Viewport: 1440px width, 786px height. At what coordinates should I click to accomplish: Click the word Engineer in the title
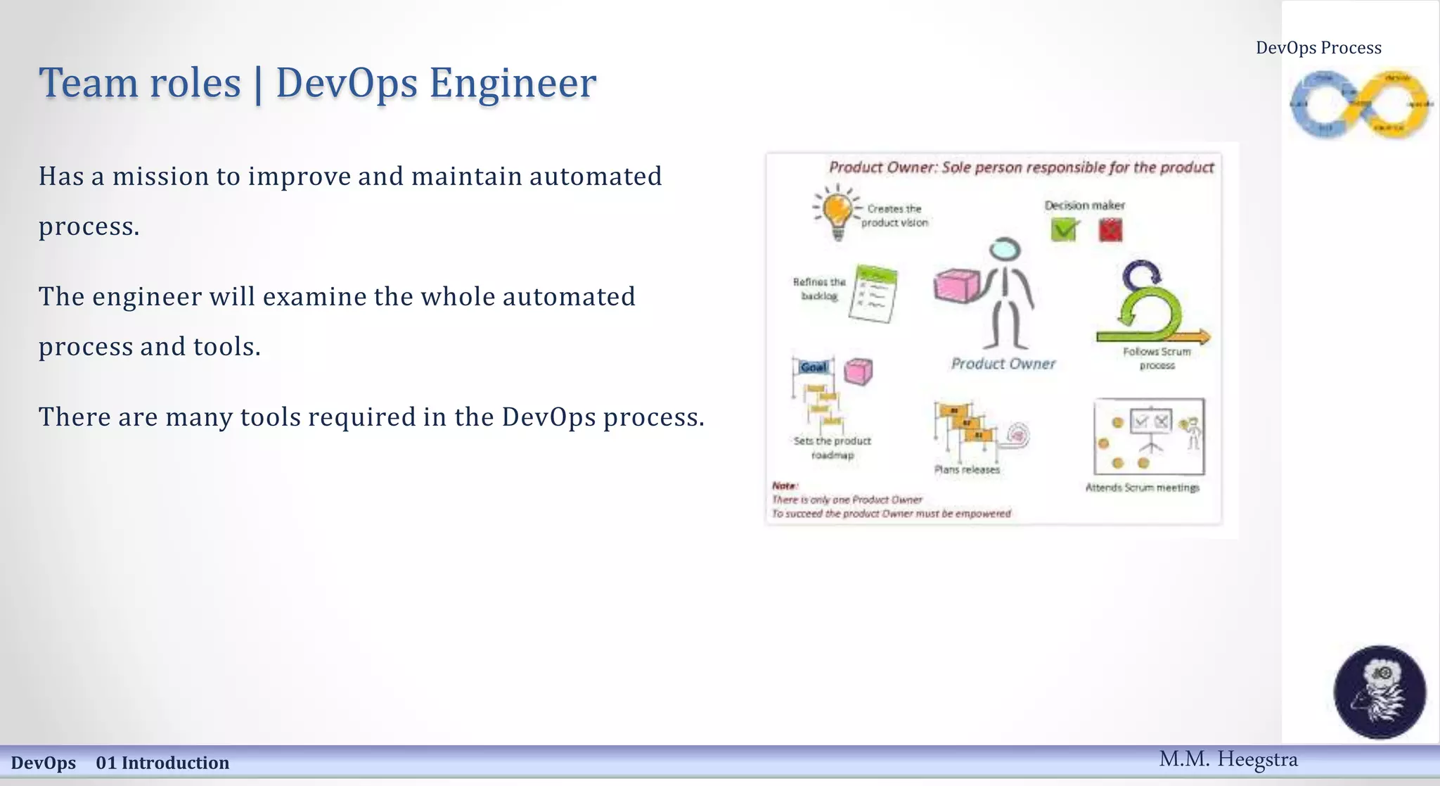tap(513, 83)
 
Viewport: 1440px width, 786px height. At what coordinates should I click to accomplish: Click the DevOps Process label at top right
tap(1318, 48)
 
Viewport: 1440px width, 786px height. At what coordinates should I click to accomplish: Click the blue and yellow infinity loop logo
tap(1360, 104)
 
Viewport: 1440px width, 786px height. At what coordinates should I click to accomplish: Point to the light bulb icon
tap(837, 210)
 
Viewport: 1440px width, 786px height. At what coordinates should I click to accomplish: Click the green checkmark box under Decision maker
tap(1064, 229)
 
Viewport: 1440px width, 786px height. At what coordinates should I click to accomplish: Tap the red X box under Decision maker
tap(1110, 230)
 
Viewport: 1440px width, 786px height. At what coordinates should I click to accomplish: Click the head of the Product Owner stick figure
tap(1005, 250)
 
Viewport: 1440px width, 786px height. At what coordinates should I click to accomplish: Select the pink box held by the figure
tap(956, 285)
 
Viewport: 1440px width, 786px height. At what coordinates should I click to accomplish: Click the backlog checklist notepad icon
tap(874, 294)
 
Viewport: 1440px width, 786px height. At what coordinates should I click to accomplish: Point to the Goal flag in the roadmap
tap(814, 367)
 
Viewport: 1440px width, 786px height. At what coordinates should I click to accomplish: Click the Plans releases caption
tap(967, 469)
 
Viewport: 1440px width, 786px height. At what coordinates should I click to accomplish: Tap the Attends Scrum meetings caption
tap(1142, 488)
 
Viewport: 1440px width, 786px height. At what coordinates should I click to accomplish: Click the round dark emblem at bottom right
tap(1380, 691)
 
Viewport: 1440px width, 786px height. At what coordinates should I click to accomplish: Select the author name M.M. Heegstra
tap(1228, 759)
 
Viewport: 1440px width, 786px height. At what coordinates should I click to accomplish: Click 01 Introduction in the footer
tap(162, 763)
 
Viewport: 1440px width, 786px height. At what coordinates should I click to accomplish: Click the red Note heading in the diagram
tap(784, 486)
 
